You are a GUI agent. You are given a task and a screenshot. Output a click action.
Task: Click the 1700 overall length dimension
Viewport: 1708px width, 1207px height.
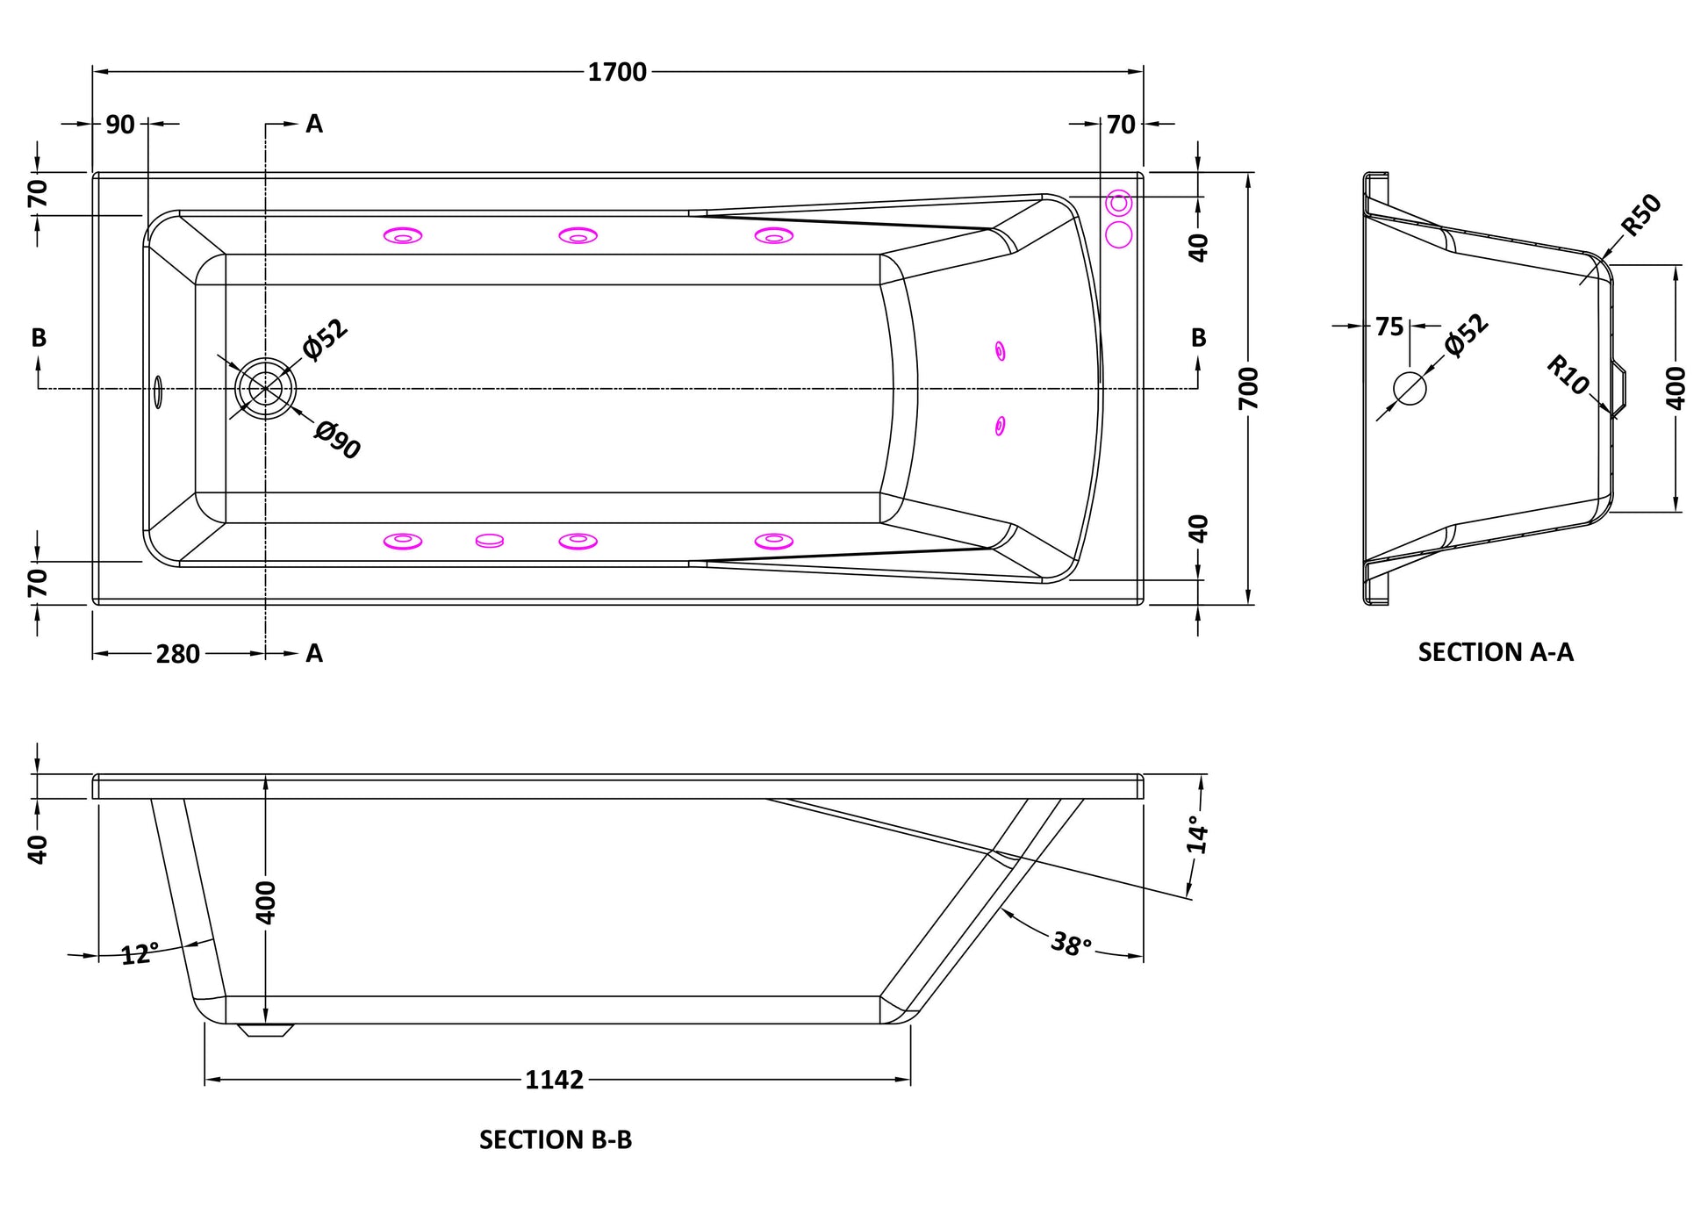click(x=617, y=72)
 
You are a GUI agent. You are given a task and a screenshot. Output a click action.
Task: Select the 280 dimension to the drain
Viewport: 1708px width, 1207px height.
click(x=178, y=654)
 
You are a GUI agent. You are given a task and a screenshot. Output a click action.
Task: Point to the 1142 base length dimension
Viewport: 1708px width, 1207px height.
click(x=555, y=1080)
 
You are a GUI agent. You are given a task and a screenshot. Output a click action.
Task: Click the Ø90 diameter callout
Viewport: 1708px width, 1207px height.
click(x=338, y=440)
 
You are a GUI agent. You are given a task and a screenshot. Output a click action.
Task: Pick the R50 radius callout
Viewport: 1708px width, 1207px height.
click(x=1640, y=215)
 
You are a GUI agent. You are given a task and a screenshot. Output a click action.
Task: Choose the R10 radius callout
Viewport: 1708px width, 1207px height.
click(x=1568, y=375)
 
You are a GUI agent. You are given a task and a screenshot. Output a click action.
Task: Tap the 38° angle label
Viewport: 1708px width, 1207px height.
click(x=1072, y=945)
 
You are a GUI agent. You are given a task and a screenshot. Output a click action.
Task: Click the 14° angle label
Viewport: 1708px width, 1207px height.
click(x=1197, y=835)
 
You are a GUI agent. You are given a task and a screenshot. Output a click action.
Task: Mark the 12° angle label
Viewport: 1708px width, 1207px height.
click(x=140, y=953)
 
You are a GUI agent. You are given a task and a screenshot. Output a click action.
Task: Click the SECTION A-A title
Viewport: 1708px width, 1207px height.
click(x=1496, y=652)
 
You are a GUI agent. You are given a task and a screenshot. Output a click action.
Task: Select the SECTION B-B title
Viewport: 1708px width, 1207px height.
click(x=556, y=1139)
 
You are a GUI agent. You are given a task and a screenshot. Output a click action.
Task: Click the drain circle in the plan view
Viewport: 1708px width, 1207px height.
click(x=265, y=388)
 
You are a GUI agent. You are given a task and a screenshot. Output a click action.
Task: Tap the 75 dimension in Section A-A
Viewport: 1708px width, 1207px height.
click(x=1389, y=327)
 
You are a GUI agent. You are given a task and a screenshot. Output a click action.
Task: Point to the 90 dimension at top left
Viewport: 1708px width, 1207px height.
click(x=120, y=125)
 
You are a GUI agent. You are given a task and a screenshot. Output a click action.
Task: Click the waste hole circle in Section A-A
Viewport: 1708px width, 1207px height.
click(x=1410, y=388)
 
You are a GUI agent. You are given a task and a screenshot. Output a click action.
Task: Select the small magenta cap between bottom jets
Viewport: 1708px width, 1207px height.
click(x=490, y=541)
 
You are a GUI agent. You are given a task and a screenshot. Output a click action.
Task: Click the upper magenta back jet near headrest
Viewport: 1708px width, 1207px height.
click(x=1000, y=351)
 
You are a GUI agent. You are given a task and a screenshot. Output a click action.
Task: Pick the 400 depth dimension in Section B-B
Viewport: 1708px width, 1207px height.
click(x=265, y=902)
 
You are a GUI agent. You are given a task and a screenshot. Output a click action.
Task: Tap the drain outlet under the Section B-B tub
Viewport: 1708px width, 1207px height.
click(x=266, y=1030)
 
